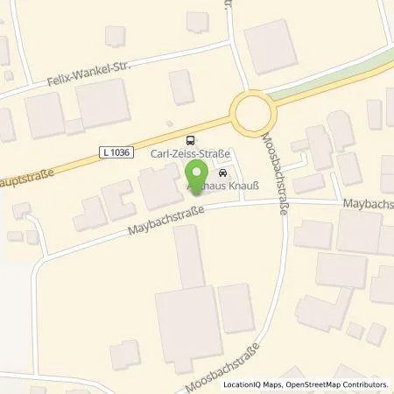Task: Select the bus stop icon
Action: pyautogui.click(x=191, y=140)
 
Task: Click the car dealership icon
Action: pyautogui.click(x=222, y=172)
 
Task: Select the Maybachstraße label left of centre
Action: pyautogui.click(x=167, y=222)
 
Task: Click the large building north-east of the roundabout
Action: pyautogui.click(x=271, y=46)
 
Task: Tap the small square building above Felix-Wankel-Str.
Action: pyautogui.click(x=115, y=35)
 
